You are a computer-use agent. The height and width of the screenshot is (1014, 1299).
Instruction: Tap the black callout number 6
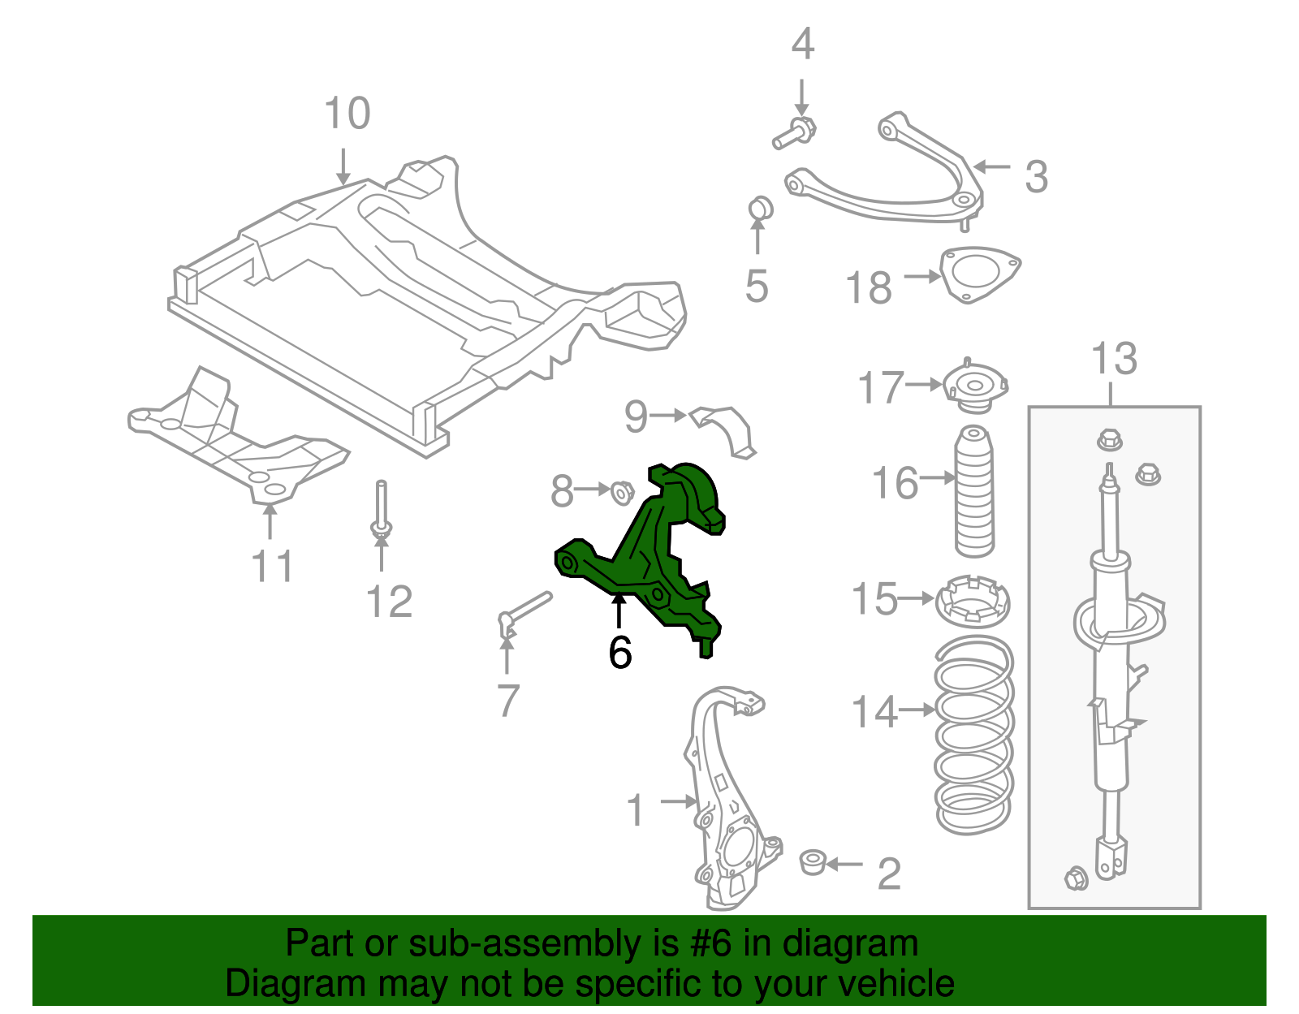[x=620, y=652]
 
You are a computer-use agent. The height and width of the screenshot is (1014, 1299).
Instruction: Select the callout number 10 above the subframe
[x=347, y=114]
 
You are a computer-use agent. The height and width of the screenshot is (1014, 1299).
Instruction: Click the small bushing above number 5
[x=760, y=208]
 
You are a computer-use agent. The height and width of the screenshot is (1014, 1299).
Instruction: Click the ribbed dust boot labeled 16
[x=974, y=490]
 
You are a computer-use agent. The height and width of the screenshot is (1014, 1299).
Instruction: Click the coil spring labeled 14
[x=973, y=735]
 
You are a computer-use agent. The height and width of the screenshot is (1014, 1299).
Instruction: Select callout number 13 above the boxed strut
[x=1114, y=359]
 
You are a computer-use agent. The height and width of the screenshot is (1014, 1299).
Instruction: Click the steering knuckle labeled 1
[x=727, y=804]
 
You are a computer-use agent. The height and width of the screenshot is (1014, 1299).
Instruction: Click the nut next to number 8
[x=622, y=492]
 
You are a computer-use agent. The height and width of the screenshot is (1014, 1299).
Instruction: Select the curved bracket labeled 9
[x=727, y=428]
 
